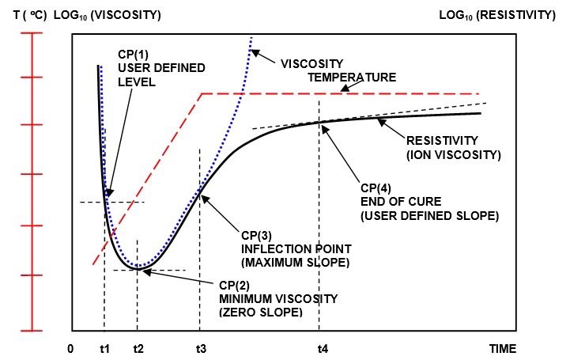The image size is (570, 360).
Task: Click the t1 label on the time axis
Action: (104, 348)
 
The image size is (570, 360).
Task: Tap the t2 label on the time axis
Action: (138, 348)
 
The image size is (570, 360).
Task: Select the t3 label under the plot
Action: (200, 348)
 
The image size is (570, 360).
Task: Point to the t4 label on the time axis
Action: (323, 348)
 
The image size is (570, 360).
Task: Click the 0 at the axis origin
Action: (71, 348)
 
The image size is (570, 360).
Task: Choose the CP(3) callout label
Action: (258, 235)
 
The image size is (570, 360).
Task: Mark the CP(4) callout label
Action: (376, 189)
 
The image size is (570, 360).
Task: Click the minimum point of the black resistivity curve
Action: (138, 269)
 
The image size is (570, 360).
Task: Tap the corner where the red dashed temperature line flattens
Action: (202, 94)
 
